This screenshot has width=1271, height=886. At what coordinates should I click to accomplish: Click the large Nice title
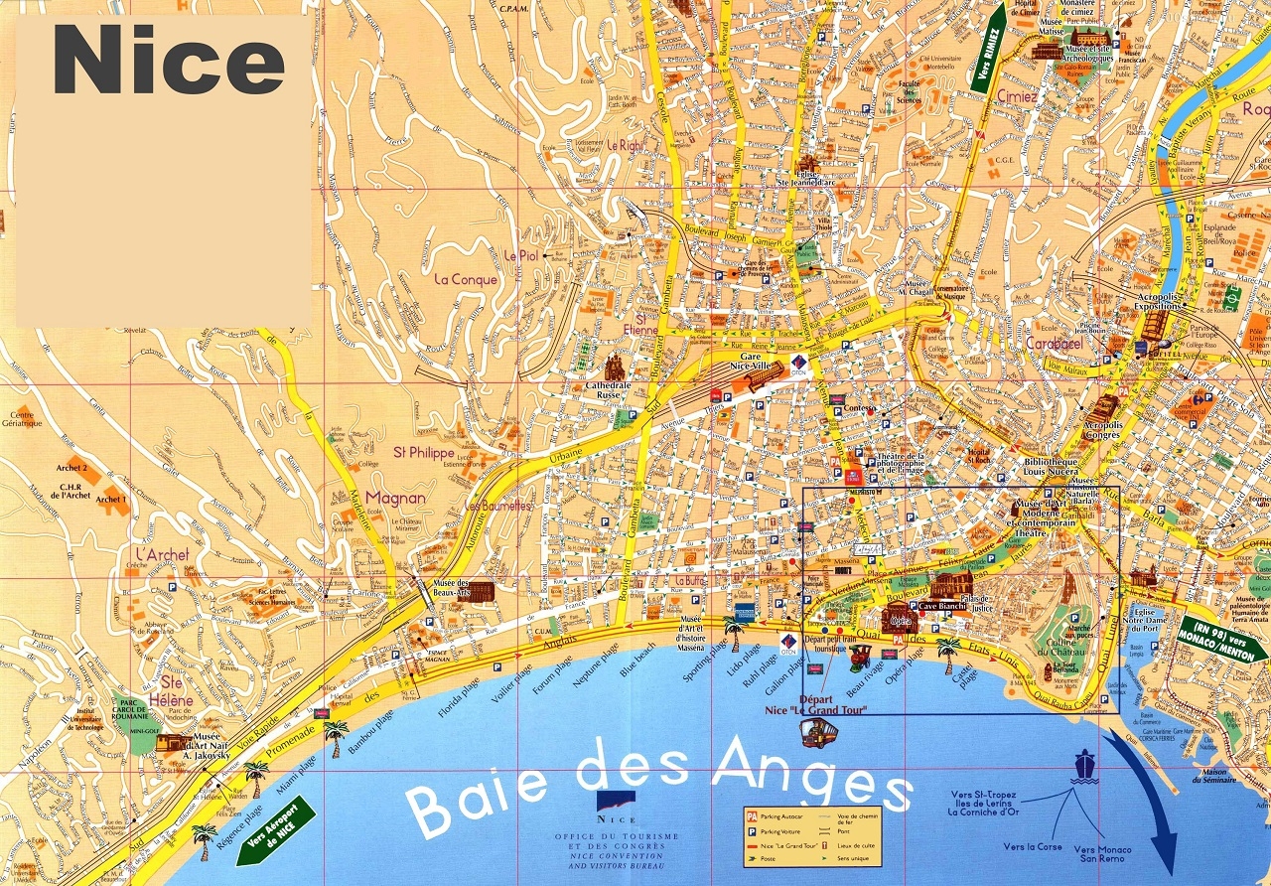[x=169, y=62]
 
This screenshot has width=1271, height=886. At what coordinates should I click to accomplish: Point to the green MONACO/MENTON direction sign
[x=1222, y=638]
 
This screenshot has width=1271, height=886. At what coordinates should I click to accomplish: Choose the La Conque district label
[x=467, y=279]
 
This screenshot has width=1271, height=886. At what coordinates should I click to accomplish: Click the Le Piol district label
[x=520, y=255]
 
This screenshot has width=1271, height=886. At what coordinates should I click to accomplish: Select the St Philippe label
[x=424, y=452]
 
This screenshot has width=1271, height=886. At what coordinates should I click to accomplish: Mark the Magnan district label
[x=395, y=498]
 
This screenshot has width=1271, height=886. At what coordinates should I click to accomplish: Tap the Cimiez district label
[x=1017, y=97]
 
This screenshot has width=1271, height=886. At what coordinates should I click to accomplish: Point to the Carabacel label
[x=1054, y=343]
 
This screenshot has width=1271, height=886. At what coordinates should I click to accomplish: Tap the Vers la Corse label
[x=1032, y=847]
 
